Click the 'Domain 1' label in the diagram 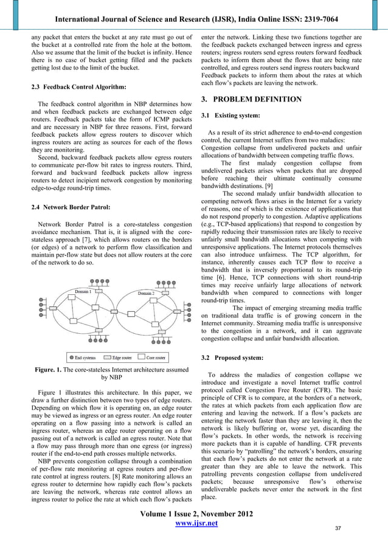click(84, 292)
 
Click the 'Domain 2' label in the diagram click(146, 293)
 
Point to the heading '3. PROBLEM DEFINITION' click(251, 99)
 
